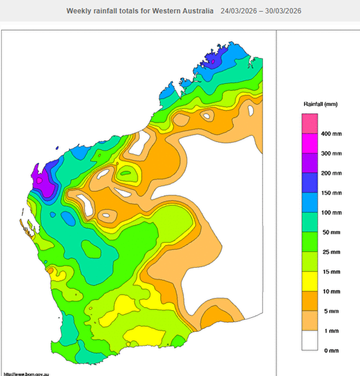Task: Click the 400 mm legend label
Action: (x=333, y=134)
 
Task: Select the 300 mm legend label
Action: (x=333, y=153)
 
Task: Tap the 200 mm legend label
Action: (x=333, y=173)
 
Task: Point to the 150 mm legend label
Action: (x=333, y=193)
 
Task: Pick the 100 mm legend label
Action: (x=333, y=213)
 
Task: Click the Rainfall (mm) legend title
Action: (x=321, y=104)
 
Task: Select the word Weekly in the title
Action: (x=79, y=11)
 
